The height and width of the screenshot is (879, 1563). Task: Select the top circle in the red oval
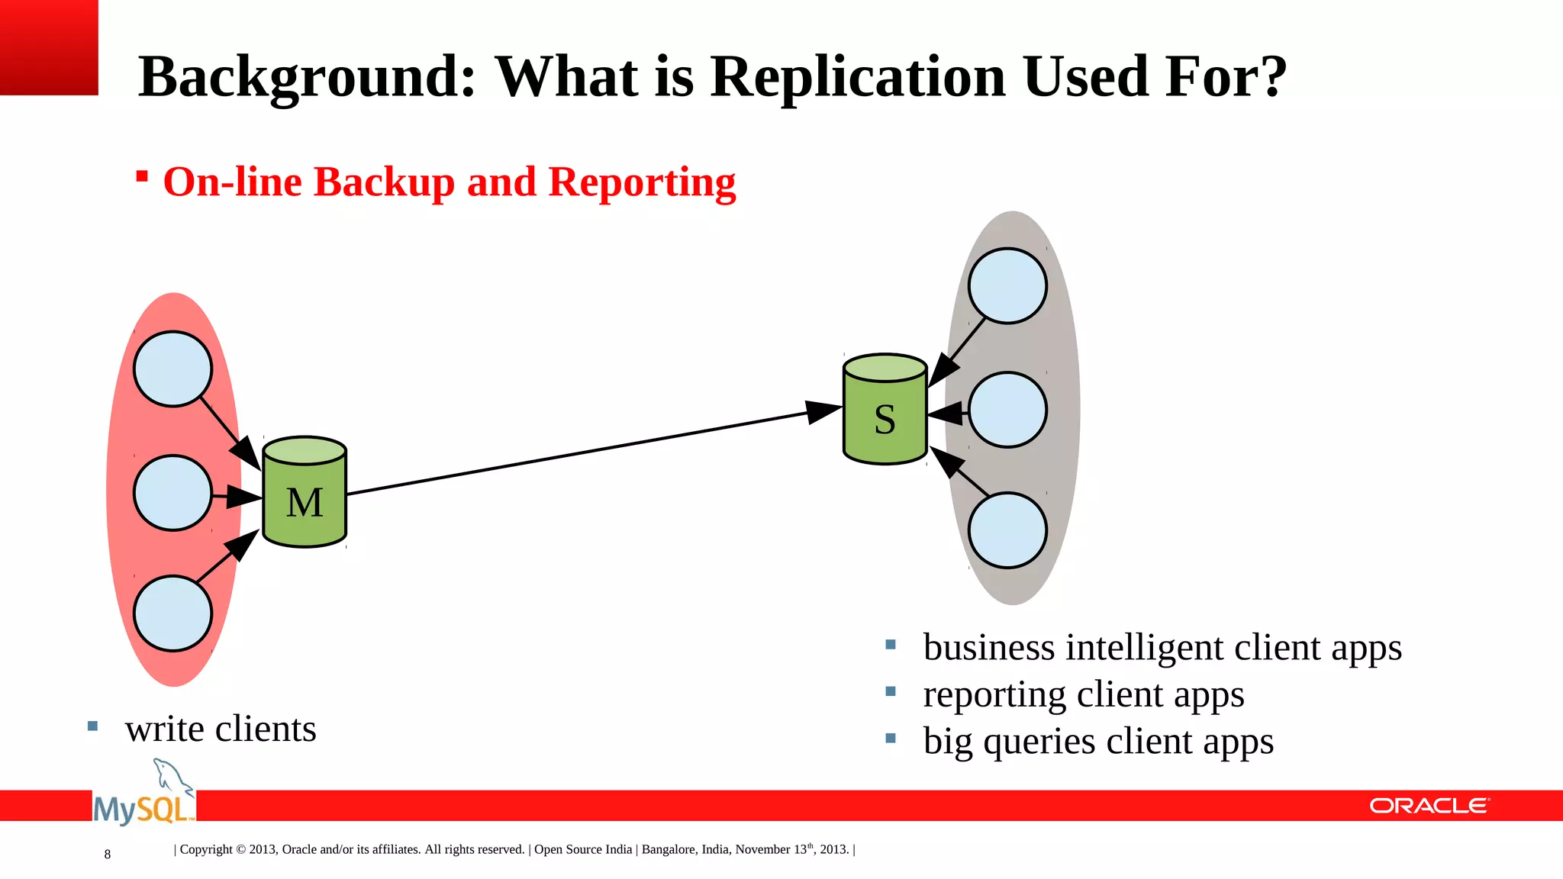172,369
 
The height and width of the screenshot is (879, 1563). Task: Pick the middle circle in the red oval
172,493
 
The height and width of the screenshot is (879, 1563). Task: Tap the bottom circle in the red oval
172,613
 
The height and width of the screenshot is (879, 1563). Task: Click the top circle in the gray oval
1007,285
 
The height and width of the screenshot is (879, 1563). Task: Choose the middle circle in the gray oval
1007,410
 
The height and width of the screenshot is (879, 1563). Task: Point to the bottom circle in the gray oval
1007,530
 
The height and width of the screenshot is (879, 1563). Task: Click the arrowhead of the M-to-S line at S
824,411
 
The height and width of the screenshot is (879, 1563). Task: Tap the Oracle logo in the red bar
1429,806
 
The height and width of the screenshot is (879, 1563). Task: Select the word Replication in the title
858,77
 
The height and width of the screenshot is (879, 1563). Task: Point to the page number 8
108,855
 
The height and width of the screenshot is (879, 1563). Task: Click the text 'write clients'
221,729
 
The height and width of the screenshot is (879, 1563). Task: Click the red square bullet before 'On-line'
142,177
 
